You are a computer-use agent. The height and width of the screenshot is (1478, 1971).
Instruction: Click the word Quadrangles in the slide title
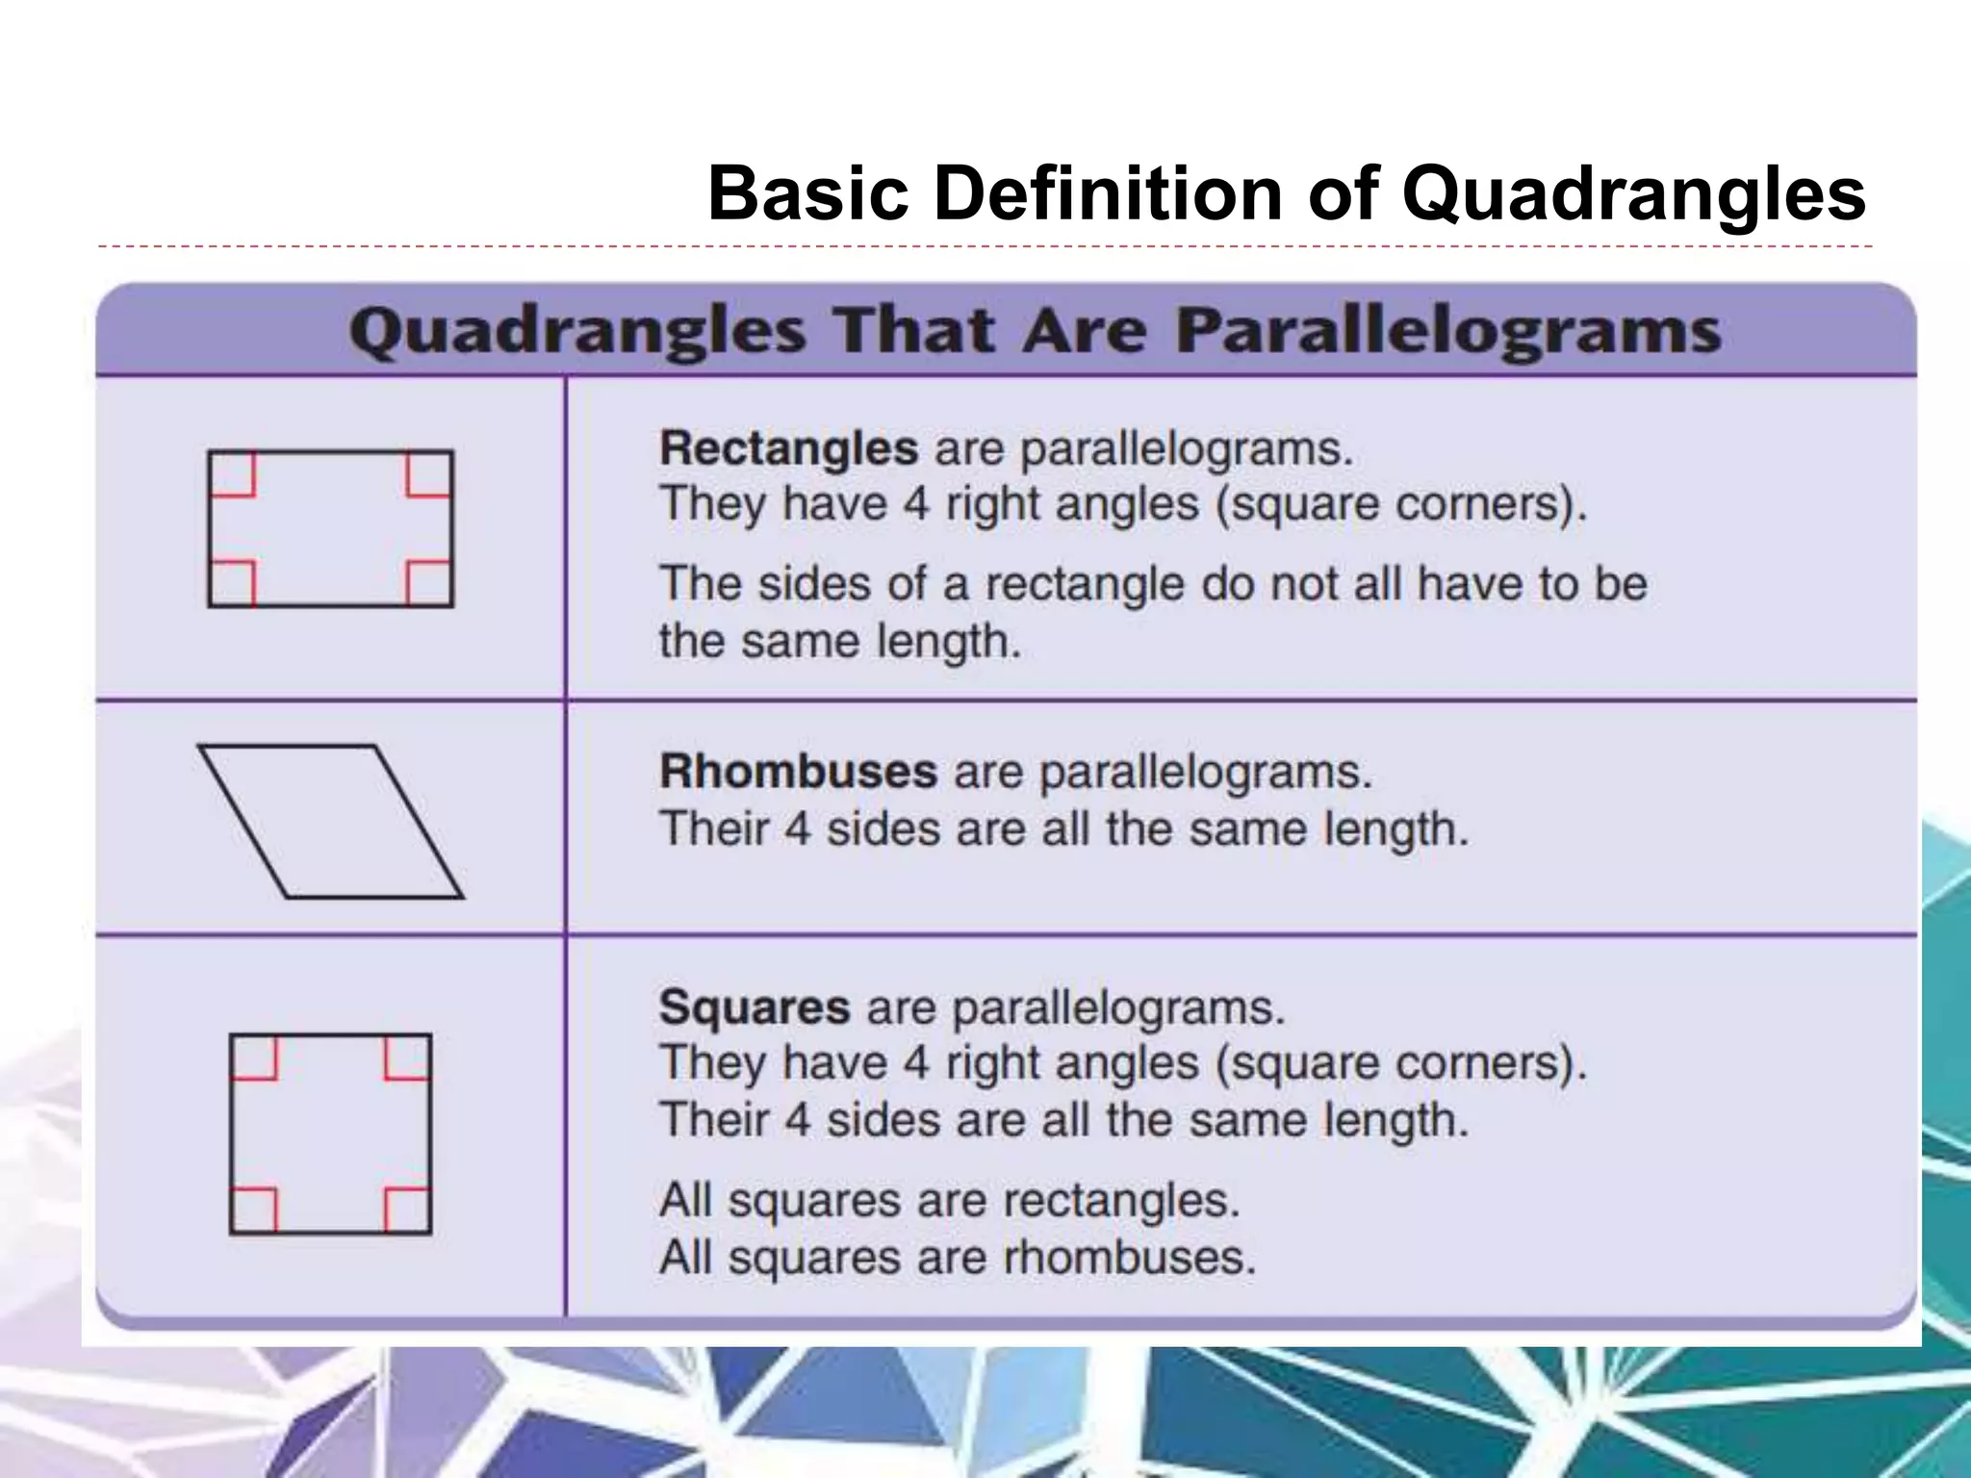(1633, 194)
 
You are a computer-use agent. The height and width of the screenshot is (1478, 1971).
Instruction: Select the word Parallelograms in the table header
(1448, 332)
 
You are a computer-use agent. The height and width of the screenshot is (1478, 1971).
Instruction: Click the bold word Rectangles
(788, 448)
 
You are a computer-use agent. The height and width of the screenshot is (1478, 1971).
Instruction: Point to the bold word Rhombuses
(798, 772)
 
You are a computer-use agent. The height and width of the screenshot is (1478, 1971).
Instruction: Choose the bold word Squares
(755, 1007)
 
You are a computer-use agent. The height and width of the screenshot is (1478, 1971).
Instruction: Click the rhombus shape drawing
(331, 822)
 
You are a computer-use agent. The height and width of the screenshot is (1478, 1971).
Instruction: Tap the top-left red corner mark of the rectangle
(233, 474)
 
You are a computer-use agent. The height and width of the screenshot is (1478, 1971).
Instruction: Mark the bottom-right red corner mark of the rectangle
(429, 582)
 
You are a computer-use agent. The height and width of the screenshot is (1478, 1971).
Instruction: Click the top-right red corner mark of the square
(407, 1057)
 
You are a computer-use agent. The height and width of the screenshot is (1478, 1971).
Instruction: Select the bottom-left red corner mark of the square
(254, 1210)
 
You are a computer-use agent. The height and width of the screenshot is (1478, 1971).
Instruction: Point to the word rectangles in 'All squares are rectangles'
(1121, 1201)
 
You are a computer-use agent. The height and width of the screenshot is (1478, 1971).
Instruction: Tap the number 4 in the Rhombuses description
(798, 829)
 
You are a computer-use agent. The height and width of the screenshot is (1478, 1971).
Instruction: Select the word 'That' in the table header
(914, 332)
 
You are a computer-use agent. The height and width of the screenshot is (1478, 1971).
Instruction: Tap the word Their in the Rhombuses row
(713, 829)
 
